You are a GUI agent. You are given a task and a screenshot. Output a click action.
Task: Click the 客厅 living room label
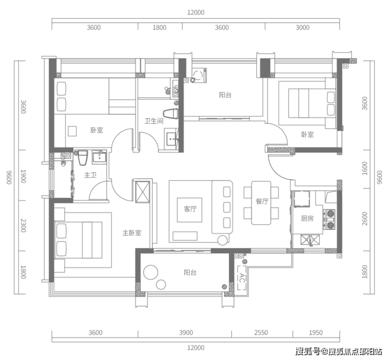pos(190,209)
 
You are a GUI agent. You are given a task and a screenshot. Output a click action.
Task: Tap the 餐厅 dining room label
pos(262,201)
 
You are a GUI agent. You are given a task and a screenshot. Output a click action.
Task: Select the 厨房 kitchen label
pos(307,218)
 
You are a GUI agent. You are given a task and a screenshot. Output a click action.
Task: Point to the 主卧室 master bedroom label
pos(132,233)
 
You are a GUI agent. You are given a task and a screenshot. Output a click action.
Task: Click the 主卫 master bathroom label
pos(90,175)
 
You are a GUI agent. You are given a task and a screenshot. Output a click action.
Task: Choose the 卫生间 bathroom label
pos(154,121)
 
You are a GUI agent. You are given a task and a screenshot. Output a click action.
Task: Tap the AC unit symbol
pos(242,278)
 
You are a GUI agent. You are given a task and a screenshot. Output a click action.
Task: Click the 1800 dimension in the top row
pos(160,27)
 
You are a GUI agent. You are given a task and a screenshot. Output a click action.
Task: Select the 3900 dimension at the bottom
pos(186,333)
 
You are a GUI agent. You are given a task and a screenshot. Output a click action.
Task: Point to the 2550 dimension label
pos(261,333)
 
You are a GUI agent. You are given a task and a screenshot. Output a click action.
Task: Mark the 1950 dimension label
pos(315,333)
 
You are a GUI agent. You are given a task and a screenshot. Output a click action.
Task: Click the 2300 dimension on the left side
pos(23,226)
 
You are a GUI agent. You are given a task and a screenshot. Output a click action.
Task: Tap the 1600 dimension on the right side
pos(365,169)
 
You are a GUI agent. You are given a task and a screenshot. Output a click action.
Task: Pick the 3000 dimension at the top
pos(302,27)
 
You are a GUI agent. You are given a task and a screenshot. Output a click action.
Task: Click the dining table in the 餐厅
pos(261,203)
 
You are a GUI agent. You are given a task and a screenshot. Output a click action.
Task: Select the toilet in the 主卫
pos(83,158)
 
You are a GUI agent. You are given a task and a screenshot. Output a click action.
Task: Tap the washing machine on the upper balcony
pos(199,75)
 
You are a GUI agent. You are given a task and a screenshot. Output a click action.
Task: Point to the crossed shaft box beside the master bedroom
pos(142,192)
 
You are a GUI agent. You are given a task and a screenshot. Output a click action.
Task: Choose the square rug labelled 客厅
pos(190,210)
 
